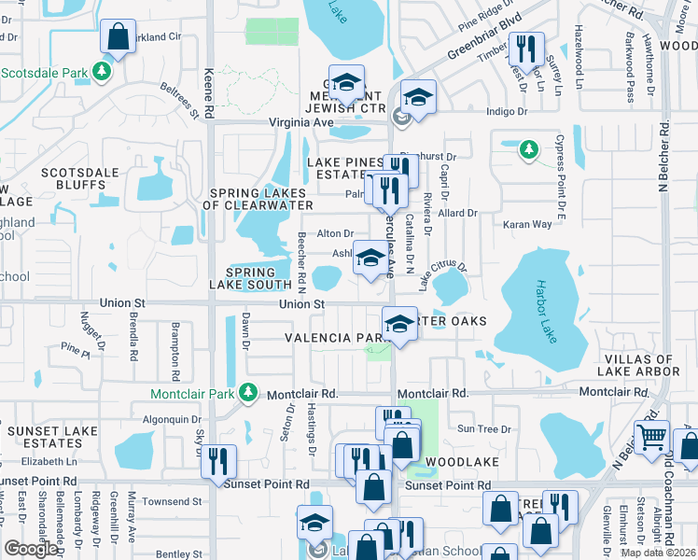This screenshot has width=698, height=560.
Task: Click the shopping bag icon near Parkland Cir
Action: pyautogui.click(x=119, y=39)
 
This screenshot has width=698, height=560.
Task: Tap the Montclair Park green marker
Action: pyautogui.click(x=248, y=394)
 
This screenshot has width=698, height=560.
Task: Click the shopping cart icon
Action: pyautogui.click(x=651, y=437)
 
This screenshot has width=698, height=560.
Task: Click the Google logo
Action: pyautogui.click(x=30, y=548)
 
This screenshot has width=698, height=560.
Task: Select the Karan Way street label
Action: pyautogui.click(x=528, y=224)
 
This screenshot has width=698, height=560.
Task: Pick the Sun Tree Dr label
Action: pyautogui.click(x=484, y=429)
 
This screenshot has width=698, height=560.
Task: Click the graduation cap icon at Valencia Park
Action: pyautogui.click(x=399, y=325)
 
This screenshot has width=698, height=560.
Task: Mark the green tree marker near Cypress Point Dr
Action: pyautogui.click(x=528, y=149)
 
